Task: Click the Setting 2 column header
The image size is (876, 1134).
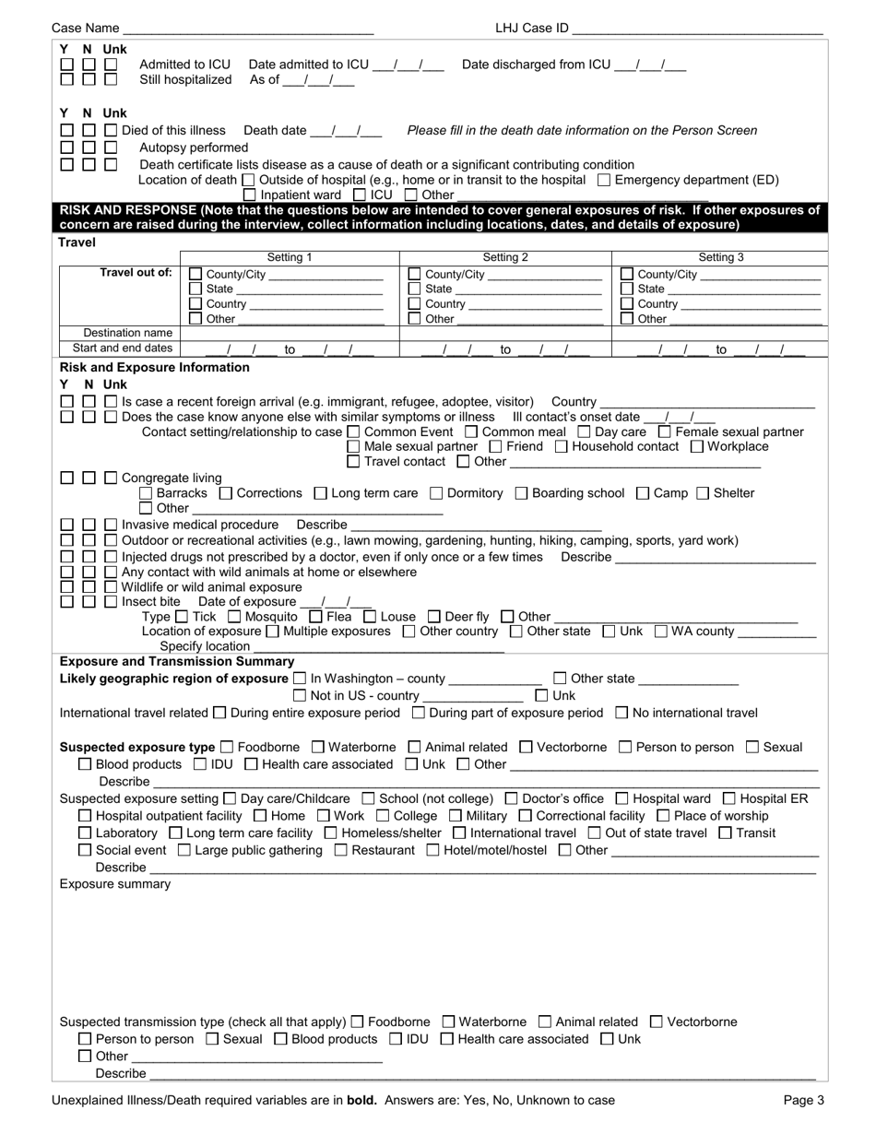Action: (x=505, y=257)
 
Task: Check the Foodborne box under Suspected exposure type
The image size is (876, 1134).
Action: (x=228, y=747)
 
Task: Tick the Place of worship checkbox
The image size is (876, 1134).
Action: (x=663, y=816)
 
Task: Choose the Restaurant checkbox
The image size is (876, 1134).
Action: (x=340, y=850)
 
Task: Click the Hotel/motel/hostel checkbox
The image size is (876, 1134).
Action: (x=433, y=850)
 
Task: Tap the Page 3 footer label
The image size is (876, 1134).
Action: (x=803, y=1100)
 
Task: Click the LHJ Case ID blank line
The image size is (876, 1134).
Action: (x=697, y=29)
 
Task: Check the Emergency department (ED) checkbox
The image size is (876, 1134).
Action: (x=604, y=180)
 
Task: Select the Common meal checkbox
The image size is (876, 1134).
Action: (x=471, y=431)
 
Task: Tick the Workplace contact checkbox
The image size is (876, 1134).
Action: (x=696, y=446)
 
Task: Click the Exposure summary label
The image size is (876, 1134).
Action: (x=115, y=884)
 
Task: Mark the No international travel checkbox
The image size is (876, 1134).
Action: (x=621, y=713)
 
